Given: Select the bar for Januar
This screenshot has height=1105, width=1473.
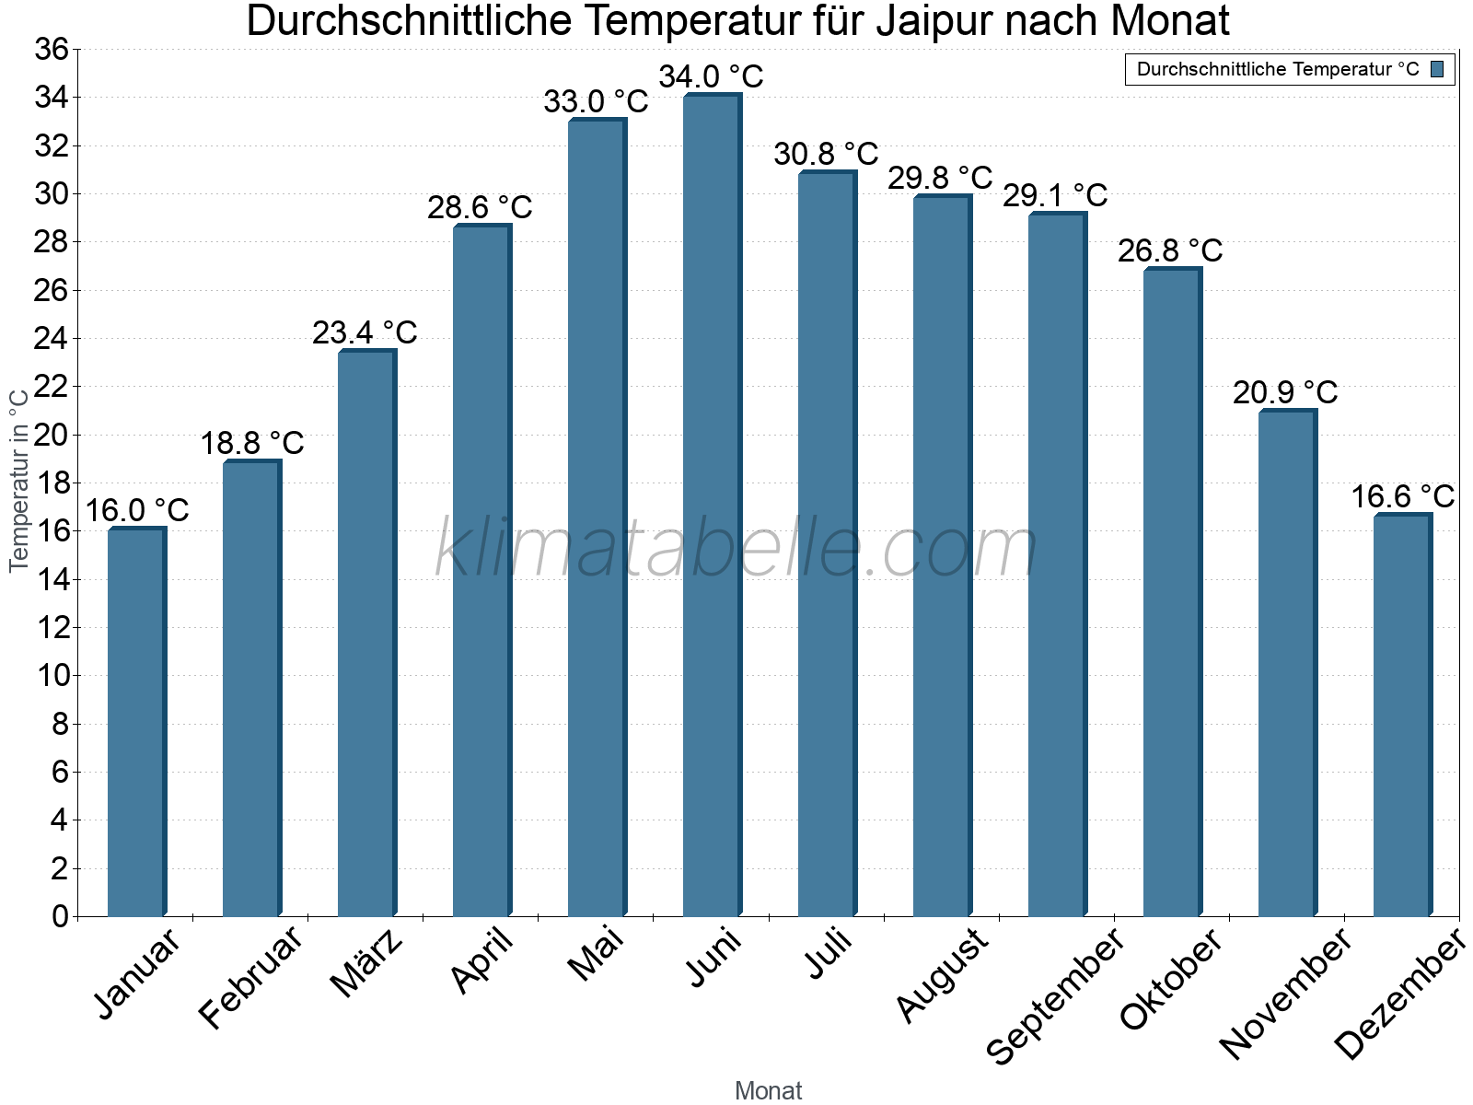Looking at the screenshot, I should click(136, 723).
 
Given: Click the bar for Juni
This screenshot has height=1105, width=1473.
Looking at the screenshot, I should click(712, 506).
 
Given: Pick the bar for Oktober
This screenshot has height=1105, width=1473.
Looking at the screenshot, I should click(1172, 593).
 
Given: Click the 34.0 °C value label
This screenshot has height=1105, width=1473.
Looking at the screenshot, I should click(711, 76).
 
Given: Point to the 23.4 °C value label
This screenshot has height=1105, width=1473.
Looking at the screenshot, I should click(365, 332).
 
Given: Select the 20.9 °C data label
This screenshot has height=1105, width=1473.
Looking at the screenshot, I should click(1285, 393).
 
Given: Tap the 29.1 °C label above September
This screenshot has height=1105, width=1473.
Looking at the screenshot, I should click(1055, 195).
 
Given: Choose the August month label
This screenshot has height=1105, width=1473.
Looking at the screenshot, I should click(942, 974).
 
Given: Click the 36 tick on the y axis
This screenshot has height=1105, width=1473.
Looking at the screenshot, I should click(52, 50).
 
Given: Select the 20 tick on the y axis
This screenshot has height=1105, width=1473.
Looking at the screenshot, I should click(52, 435).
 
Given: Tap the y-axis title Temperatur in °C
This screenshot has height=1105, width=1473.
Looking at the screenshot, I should click(19, 480).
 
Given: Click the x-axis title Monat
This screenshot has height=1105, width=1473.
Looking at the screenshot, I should click(768, 1091).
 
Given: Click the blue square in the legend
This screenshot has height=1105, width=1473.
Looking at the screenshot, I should click(1437, 69).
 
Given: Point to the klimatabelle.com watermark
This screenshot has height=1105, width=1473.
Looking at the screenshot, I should click(736, 549).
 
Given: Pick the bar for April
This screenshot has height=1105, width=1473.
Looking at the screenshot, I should click(481, 571).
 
